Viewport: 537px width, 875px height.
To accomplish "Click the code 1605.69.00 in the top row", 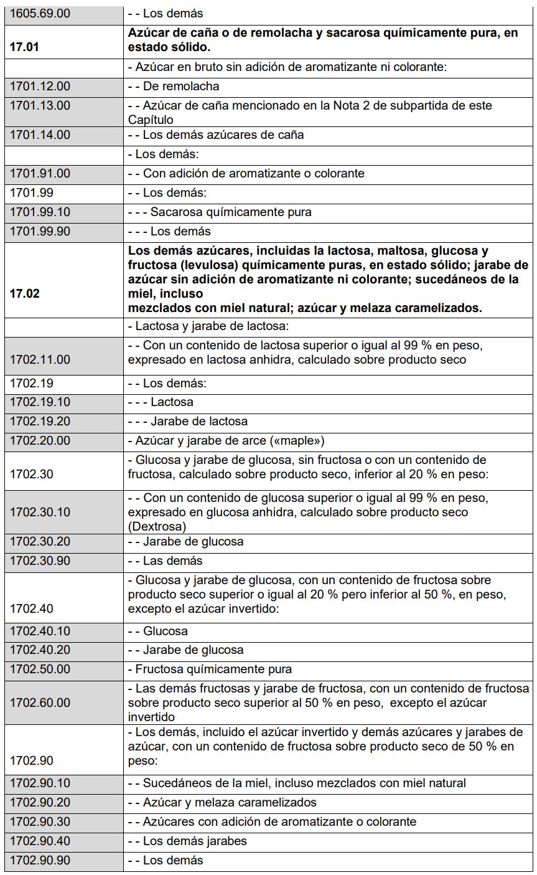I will (x=40, y=13).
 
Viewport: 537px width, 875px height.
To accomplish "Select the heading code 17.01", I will (x=24, y=47).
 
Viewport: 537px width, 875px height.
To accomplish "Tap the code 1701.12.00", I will (x=40, y=87).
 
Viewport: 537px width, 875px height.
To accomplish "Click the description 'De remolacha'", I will (x=181, y=87).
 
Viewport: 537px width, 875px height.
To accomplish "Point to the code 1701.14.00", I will (x=40, y=135).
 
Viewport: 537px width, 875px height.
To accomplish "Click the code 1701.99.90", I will (x=40, y=232).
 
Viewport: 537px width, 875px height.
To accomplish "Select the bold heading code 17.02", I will (x=24, y=294).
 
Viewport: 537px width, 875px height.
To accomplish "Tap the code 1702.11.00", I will (x=40, y=359).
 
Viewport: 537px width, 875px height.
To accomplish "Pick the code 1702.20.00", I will (x=40, y=441).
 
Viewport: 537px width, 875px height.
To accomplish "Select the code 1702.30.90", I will (x=40, y=561).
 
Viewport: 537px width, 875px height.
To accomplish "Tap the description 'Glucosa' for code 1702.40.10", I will (x=165, y=631).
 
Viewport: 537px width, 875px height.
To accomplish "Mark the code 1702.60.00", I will (x=40, y=702).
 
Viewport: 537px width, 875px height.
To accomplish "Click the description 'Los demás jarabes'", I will (x=195, y=841).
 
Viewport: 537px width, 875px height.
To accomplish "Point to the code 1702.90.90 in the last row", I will (x=40, y=861).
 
